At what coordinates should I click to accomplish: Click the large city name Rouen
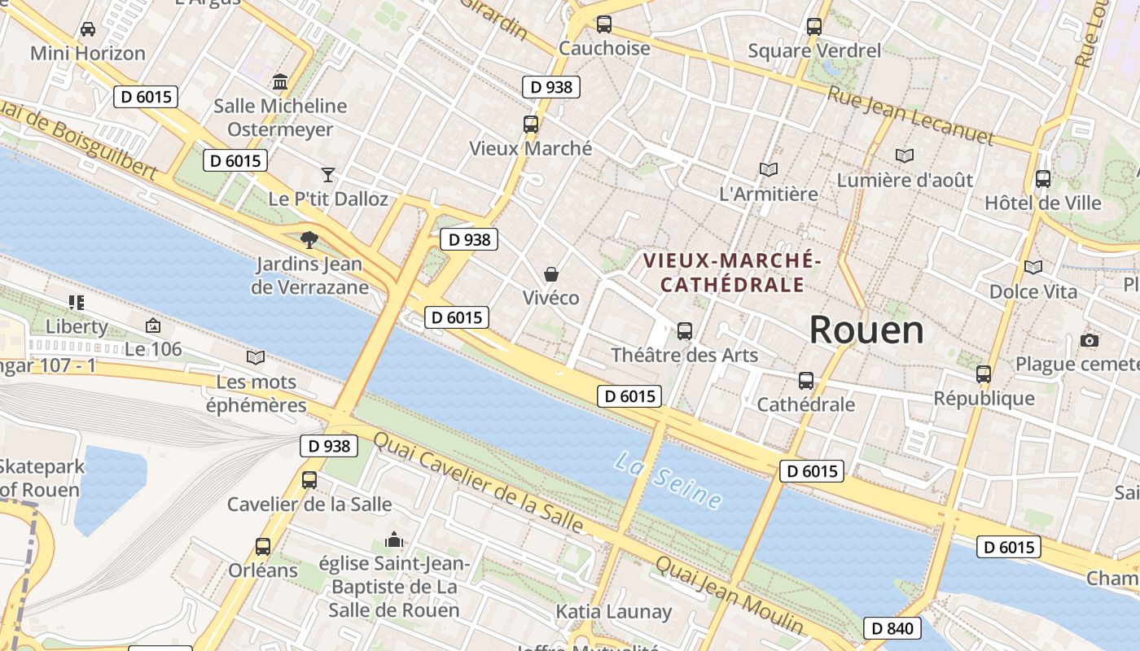[866, 330]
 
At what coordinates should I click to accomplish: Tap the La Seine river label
[668, 481]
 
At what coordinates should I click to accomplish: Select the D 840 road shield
[892, 628]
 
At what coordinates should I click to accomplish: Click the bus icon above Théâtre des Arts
[685, 331]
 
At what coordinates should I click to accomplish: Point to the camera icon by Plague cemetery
[1089, 340]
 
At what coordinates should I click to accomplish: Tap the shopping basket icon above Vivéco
[551, 274]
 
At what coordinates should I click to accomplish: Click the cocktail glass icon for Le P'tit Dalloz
[327, 174]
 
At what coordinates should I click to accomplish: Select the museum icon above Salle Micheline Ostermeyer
[281, 81]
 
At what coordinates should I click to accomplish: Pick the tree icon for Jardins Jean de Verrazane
[309, 239]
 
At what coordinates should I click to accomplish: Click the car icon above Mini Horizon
[87, 29]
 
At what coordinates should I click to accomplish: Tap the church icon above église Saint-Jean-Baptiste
[394, 540]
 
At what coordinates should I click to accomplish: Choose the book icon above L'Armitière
[768, 169]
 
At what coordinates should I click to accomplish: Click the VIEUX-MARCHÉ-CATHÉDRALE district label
[731, 273]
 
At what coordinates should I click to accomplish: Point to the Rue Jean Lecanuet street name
[910, 116]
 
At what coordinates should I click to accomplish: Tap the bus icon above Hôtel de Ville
[1042, 179]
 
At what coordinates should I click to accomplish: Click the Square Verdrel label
[814, 51]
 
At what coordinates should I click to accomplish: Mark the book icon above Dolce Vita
[1033, 267]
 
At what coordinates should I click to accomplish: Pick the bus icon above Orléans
[263, 547]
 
